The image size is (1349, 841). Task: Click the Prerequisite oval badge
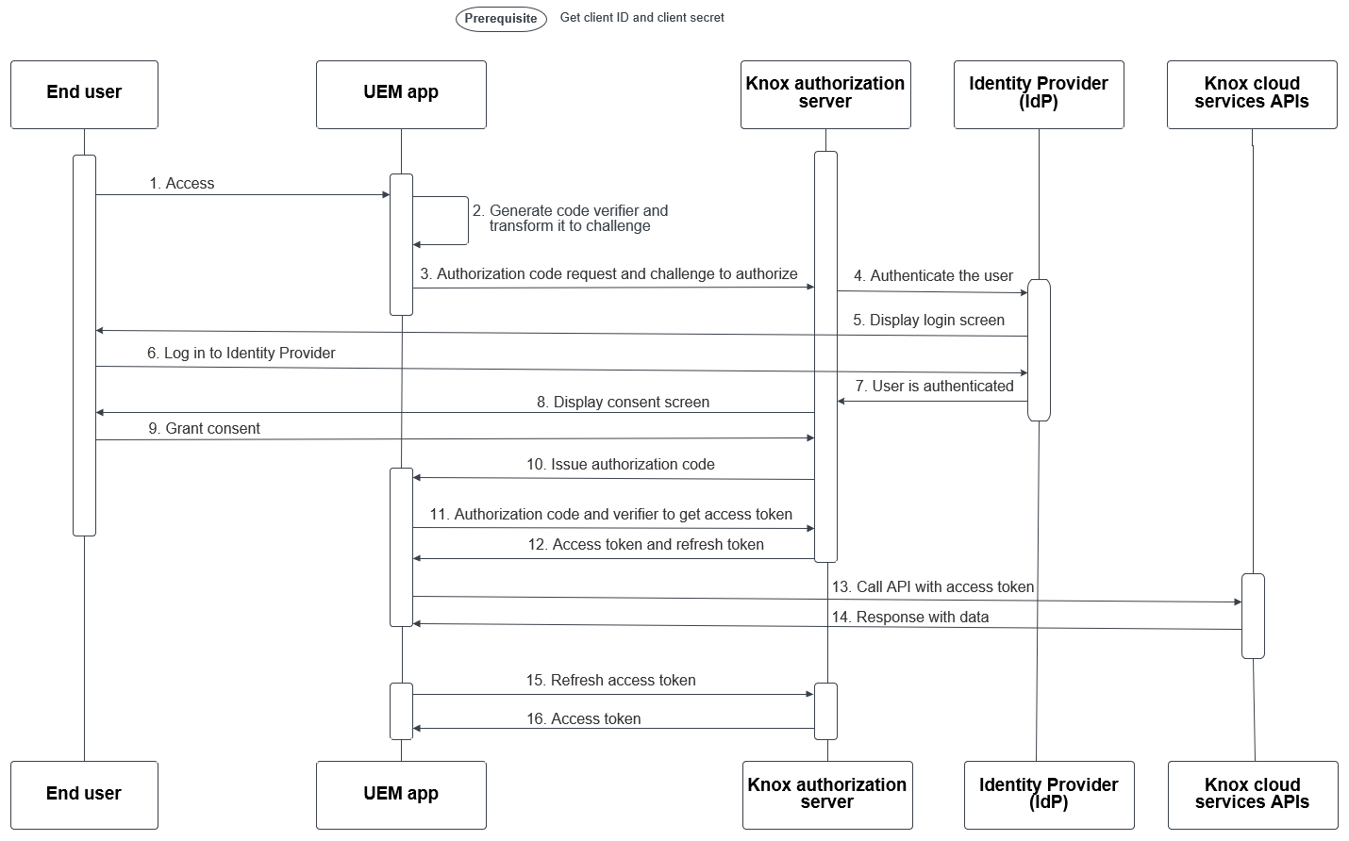pos(501,19)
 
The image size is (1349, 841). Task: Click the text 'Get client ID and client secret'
pos(641,17)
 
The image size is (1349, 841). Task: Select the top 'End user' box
pos(84,94)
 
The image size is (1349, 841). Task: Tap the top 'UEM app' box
pos(401,94)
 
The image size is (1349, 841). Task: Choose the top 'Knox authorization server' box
pos(825,94)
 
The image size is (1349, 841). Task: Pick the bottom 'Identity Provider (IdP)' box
pos(1048,795)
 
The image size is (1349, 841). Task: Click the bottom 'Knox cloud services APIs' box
pos(1252,795)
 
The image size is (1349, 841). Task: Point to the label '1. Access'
pos(182,184)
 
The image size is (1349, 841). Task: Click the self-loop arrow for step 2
pos(467,221)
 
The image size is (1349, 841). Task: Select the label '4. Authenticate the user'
pos(933,276)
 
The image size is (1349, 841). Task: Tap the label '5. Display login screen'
pos(928,321)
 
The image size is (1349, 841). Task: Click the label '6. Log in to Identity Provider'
pos(241,354)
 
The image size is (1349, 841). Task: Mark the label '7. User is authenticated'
pos(934,387)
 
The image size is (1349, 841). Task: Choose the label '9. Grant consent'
pos(204,429)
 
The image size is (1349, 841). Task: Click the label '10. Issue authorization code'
pos(620,465)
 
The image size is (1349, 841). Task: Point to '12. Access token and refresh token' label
pos(645,545)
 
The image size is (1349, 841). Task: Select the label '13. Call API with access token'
pos(932,587)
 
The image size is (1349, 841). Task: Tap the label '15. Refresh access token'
pos(610,681)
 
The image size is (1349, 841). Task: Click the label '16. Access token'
pos(583,719)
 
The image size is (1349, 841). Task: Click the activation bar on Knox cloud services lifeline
pos(1253,616)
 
